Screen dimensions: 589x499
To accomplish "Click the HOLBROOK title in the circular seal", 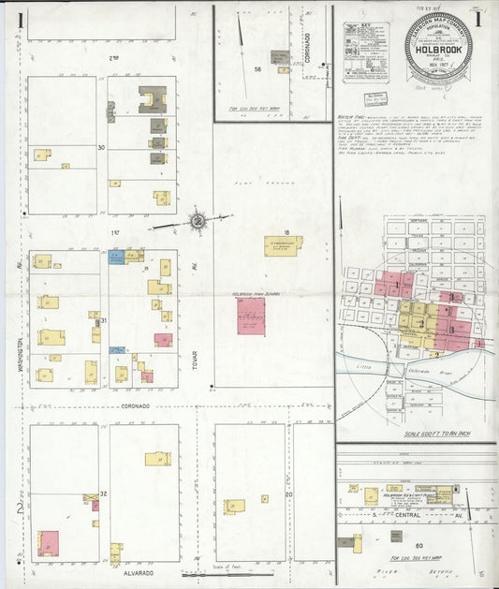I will point(437,54).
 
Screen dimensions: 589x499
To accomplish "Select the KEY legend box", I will point(365,52).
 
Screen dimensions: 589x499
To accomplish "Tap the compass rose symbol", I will point(198,221).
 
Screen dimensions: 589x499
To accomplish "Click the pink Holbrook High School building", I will point(251,316).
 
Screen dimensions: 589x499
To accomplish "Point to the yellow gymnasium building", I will point(282,245).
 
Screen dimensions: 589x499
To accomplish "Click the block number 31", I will point(104,320).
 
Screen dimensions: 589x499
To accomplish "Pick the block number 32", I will point(104,493).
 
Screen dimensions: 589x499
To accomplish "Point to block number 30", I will point(101,147).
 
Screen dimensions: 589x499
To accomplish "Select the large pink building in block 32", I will point(48,542).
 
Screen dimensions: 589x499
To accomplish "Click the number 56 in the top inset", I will point(257,68).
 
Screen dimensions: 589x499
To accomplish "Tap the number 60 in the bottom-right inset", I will point(418,545).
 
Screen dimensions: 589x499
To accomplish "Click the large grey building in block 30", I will point(152,99).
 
